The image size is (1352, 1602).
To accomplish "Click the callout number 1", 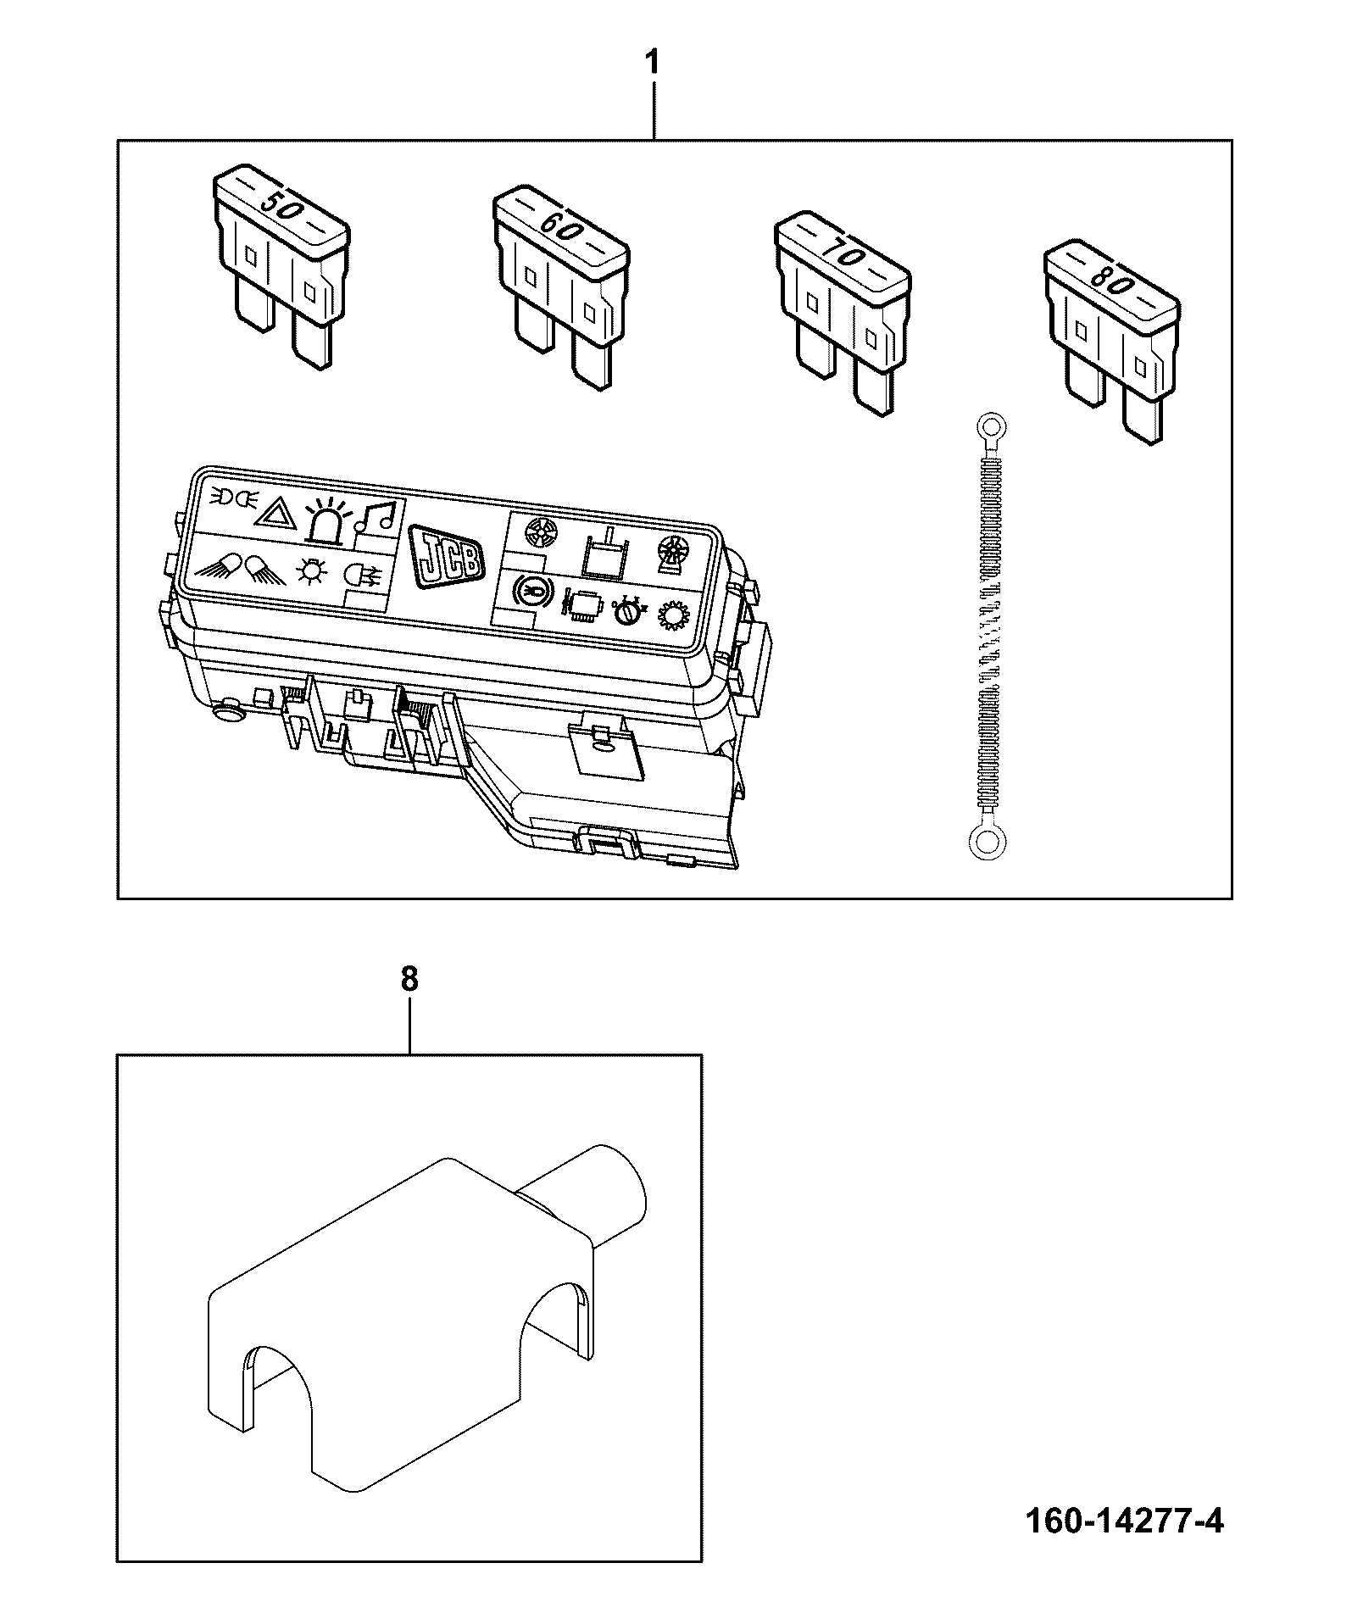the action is [652, 63].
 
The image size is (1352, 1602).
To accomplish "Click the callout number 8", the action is [409, 979].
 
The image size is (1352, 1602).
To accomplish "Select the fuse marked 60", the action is [561, 289].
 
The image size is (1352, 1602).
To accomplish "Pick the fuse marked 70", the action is [843, 314].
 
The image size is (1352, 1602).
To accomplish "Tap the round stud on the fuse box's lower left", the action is [227, 712].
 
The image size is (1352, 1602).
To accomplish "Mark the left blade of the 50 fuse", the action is [253, 309].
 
